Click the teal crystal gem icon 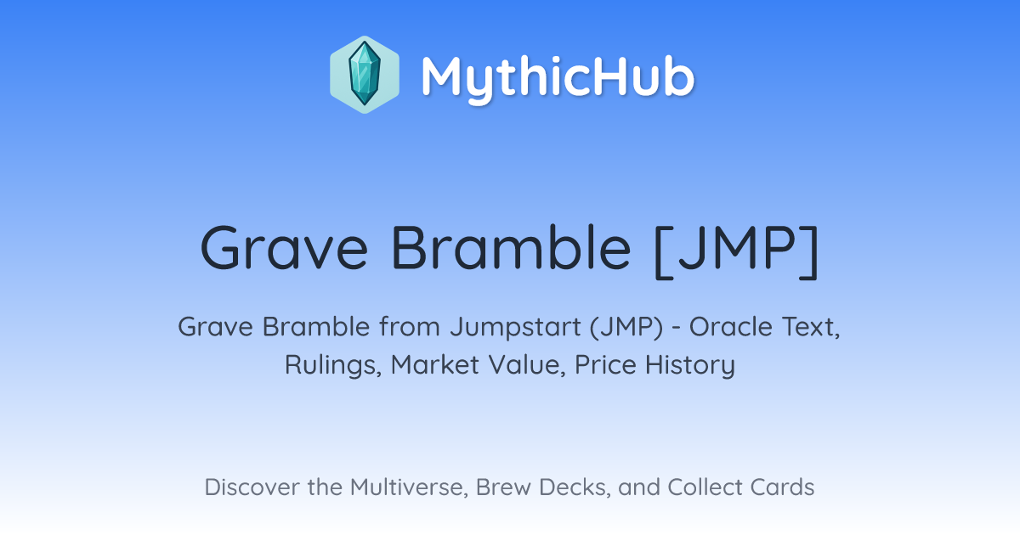[x=365, y=74]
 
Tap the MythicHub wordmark [x=558, y=77]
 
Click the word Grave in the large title [x=284, y=248]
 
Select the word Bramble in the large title [x=511, y=247]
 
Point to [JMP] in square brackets [x=736, y=251]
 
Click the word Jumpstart [x=515, y=328]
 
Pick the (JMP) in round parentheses [x=626, y=328]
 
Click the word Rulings [x=333, y=366]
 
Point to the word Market [x=435, y=365]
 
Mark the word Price [x=605, y=365]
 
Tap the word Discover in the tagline [x=252, y=487]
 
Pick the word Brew [x=503, y=487]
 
